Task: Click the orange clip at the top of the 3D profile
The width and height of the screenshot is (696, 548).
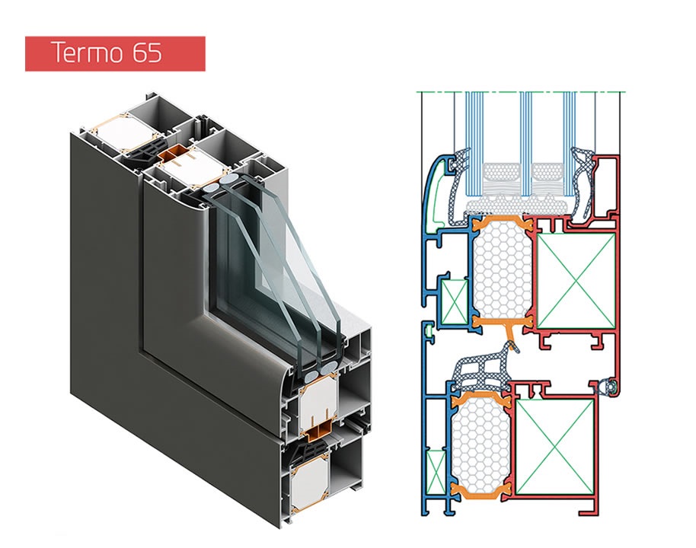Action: tap(179, 156)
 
